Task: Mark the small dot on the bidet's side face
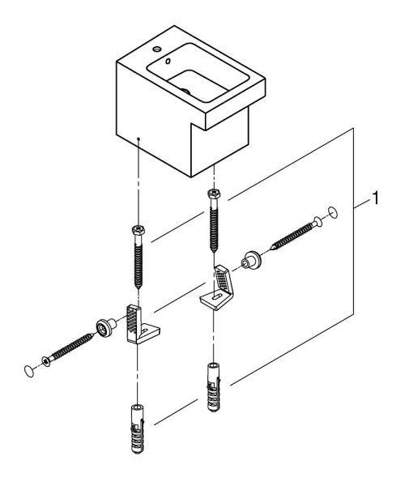tap(140, 139)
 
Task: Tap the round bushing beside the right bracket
tap(250, 261)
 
